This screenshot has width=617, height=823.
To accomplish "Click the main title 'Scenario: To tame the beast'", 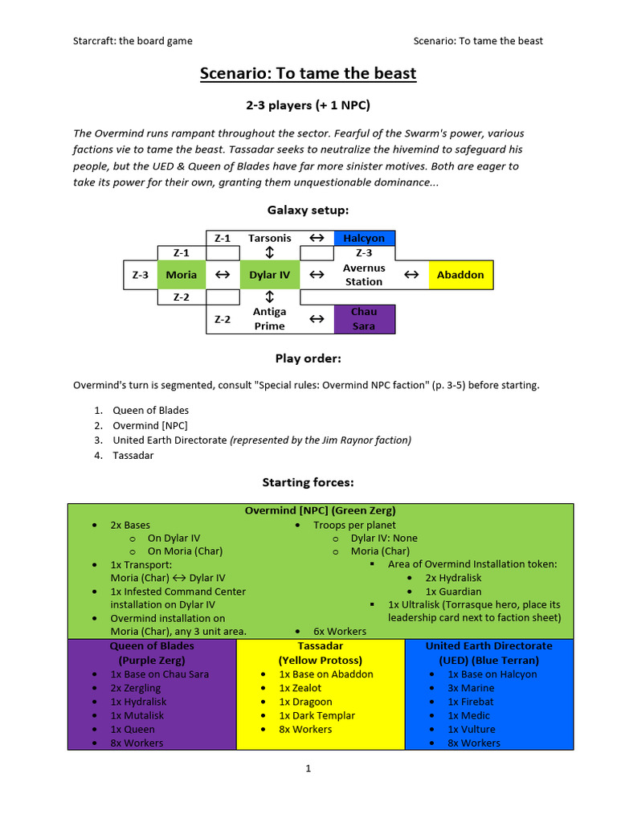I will pyautogui.click(x=308, y=74).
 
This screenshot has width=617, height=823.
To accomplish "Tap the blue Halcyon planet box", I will pyautogui.click(x=364, y=238).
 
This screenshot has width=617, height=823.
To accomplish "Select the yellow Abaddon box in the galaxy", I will pyautogui.click(x=460, y=275).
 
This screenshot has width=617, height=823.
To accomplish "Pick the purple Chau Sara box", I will pyautogui.click(x=364, y=318).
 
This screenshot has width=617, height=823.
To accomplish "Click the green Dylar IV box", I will pyautogui.click(x=269, y=275).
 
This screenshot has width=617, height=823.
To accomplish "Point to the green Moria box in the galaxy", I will pyautogui.click(x=181, y=275).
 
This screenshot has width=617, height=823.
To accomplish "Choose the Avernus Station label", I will pyautogui.click(x=364, y=275).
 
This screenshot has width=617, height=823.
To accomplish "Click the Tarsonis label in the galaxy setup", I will pyautogui.click(x=269, y=238).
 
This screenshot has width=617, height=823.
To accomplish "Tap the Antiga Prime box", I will pyautogui.click(x=269, y=318).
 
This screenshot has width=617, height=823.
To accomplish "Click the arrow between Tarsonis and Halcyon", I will pyautogui.click(x=317, y=238).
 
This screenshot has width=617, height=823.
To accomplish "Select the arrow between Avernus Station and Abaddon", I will pyautogui.click(x=411, y=275).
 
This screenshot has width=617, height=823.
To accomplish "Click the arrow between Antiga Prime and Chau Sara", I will pyautogui.click(x=317, y=319).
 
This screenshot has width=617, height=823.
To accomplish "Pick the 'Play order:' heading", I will pyautogui.click(x=308, y=358).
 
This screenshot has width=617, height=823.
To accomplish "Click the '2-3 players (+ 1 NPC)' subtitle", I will pyautogui.click(x=308, y=105).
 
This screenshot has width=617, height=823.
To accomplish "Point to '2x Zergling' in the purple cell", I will pyautogui.click(x=136, y=688).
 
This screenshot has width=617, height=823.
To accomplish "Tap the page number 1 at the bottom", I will pyautogui.click(x=308, y=768).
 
